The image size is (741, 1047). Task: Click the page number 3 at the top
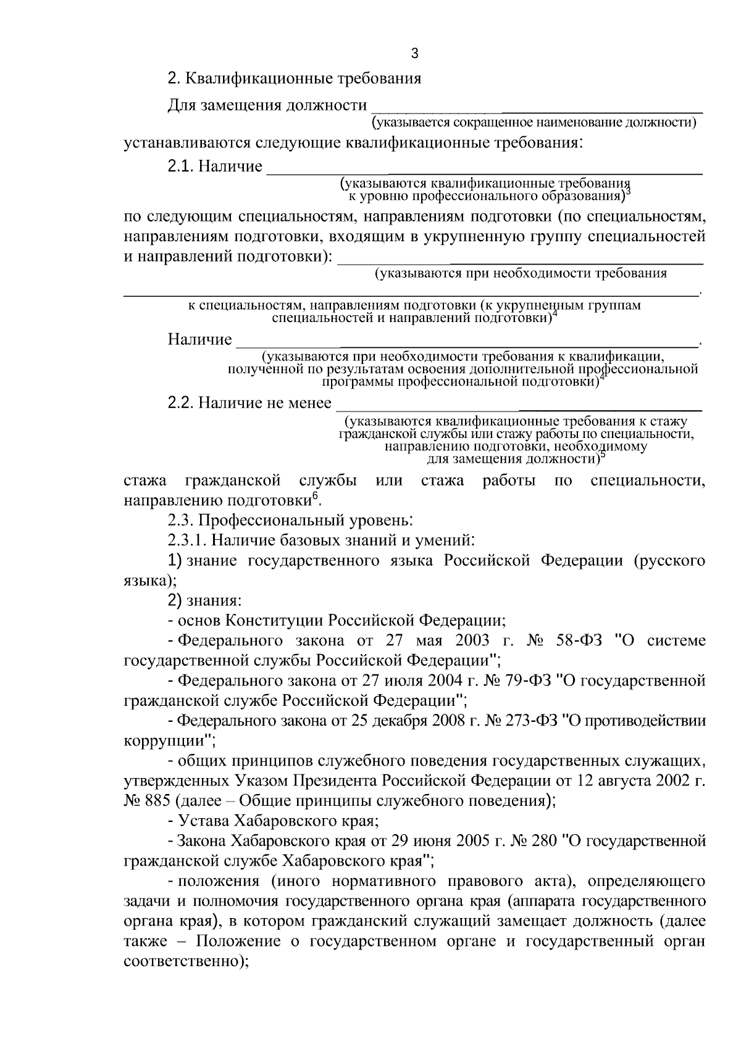(414, 54)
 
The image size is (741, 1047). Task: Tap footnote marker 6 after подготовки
(314, 495)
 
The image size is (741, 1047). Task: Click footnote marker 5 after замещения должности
(603, 455)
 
